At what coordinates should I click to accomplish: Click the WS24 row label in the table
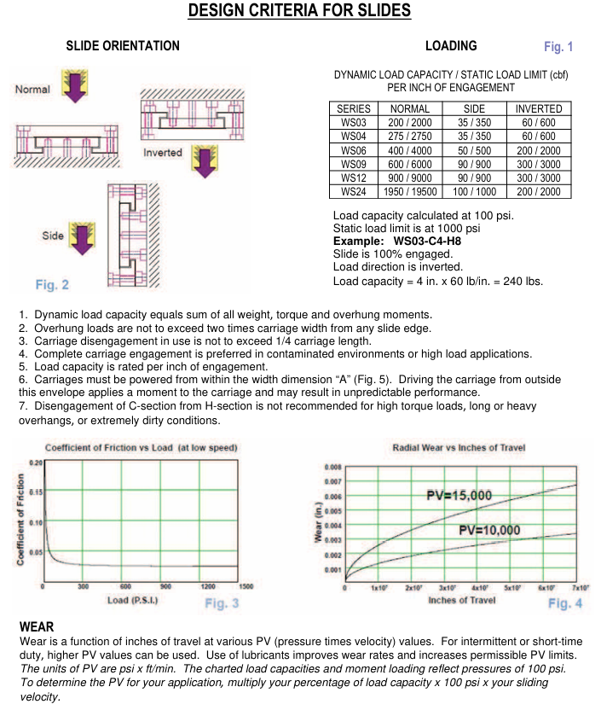[x=354, y=192]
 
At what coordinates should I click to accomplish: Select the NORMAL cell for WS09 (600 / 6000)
[x=409, y=164]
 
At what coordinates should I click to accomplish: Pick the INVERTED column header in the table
[x=539, y=109]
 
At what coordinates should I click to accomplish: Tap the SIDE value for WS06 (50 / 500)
[x=474, y=150]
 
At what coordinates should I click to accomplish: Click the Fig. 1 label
[x=558, y=47]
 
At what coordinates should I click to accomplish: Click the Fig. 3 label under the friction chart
[x=222, y=603]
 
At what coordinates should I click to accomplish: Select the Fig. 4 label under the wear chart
[x=564, y=603]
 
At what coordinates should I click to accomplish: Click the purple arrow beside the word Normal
[x=76, y=89]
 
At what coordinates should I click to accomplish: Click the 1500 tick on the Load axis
[x=247, y=586]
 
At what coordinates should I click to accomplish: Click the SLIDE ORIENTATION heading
[x=123, y=46]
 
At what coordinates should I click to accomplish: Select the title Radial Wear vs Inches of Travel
[x=459, y=448]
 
